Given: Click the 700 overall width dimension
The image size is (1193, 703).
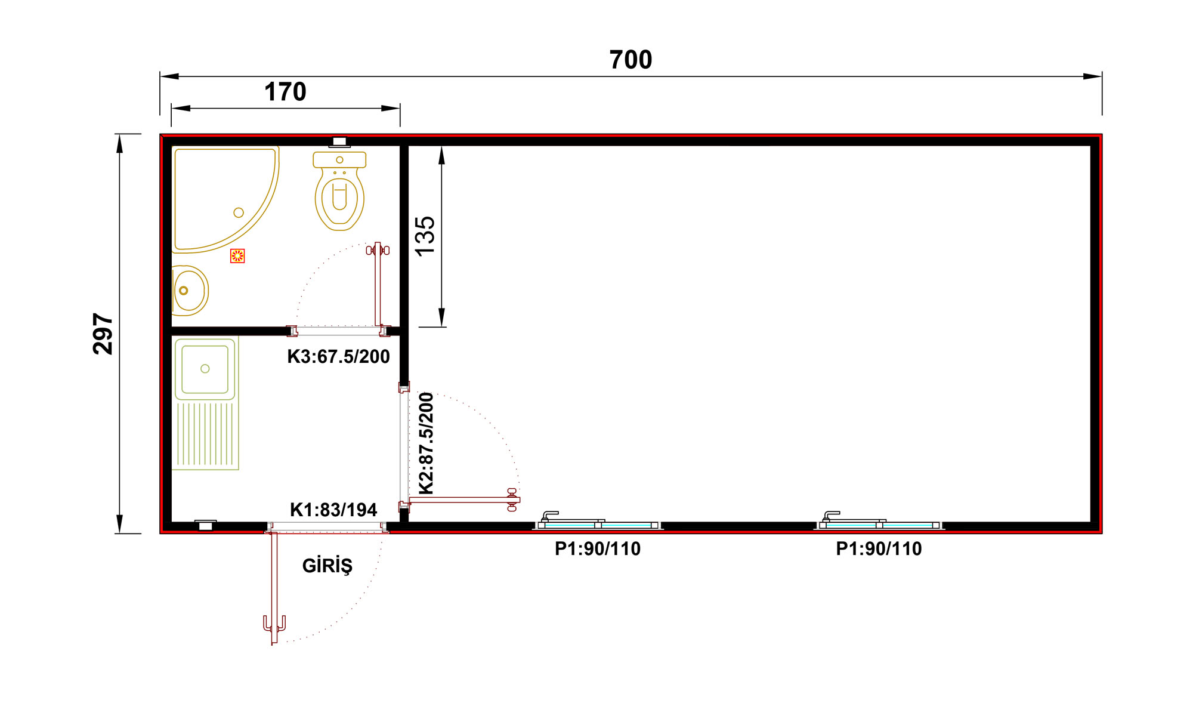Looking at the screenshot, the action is [631, 60].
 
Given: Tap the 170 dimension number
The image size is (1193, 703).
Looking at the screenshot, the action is [285, 92].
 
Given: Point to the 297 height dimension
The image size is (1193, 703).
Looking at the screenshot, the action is [103, 334].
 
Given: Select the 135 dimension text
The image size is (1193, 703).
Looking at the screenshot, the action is [425, 236].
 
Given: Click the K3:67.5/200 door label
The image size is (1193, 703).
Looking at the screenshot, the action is [338, 356].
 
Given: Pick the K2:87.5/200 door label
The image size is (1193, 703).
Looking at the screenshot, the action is [426, 443].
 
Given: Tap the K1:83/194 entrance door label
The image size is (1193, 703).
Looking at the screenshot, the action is [333, 510].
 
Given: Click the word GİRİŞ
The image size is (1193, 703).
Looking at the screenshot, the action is [327, 565].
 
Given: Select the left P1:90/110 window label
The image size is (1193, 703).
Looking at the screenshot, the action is [598, 548].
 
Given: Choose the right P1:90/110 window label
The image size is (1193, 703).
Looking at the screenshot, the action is [879, 548].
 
